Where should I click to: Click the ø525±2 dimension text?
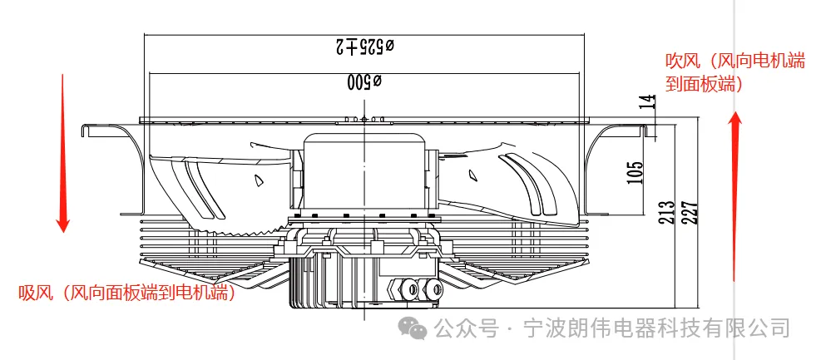[363, 47]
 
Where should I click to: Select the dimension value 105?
[635, 171]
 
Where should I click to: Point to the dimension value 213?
[665, 214]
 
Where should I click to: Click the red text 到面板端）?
[704, 83]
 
